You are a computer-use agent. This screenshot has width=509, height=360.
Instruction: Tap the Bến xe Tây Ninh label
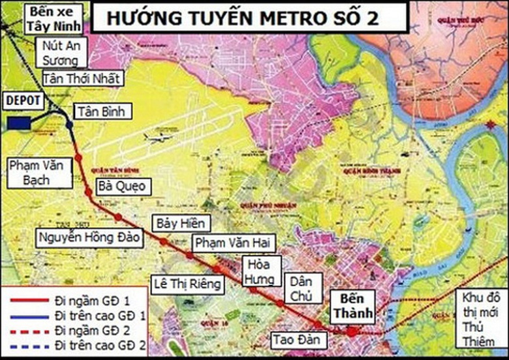(x=55, y=20)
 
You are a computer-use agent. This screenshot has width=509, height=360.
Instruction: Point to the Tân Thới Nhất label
(x=81, y=78)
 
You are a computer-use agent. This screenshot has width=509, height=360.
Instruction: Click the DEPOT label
(x=23, y=100)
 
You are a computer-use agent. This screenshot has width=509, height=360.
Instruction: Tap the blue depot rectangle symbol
(x=19, y=123)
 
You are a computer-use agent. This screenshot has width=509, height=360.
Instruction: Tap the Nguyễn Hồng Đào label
(x=89, y=237)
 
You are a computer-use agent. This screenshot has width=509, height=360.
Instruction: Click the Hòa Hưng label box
(x=261, y=271)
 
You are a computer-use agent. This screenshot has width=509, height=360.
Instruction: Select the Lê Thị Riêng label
(x=187, y=284)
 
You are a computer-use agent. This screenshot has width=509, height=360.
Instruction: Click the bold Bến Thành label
(x=352, y=305)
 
